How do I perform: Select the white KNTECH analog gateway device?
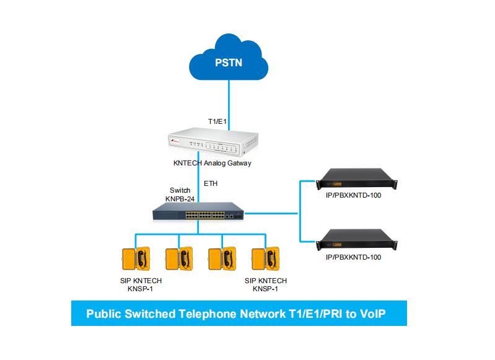pyautogui.click(x=212, y=144)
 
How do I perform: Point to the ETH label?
pyautogui.click(x=211, y=183)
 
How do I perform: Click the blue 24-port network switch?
pyautogui.click(x=198, y=213)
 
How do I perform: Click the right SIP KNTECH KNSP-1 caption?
pyautogui.click(x=266, y=284)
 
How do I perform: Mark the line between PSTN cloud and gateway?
pyautogui.click(x=229, y=99)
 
